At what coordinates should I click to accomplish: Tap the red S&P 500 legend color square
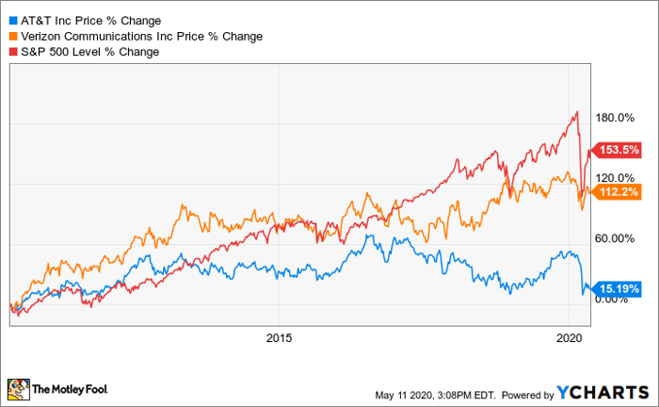tap(11, 52)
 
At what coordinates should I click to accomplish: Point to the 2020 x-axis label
tap(568, 337)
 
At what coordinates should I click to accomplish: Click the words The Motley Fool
tap(72, 388)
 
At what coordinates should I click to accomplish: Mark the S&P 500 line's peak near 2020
tap(575, 112)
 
